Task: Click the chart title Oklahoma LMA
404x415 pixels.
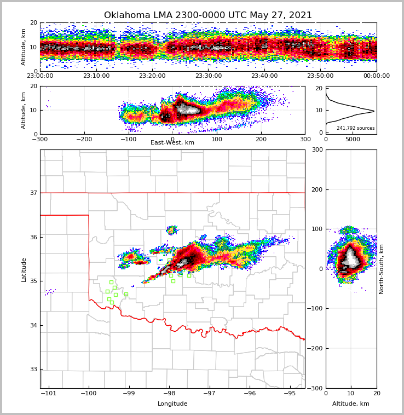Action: (208, 15)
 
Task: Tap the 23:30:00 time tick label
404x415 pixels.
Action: (208, 76)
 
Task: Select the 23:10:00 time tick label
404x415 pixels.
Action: (96, 76)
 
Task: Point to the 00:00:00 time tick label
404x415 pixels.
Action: (376, 76)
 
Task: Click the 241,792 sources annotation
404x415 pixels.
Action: (356, 128)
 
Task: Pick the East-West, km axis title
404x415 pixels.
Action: (172, 143)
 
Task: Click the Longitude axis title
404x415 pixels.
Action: (172, 404)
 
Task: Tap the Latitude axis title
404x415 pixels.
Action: (24, 269)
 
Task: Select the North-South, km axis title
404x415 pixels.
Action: (382, 269)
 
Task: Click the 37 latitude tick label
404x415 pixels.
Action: (33, 193)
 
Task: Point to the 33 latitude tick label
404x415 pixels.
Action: (33, 370)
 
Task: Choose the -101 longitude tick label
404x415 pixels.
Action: (49, 394)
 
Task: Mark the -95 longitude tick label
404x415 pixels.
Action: (290, 394)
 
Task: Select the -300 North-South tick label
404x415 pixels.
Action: (317, 388)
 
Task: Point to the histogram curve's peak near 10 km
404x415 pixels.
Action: (373, 111)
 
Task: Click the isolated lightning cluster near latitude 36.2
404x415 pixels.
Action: (172, 230)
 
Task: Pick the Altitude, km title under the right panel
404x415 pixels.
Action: (351, 404)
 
